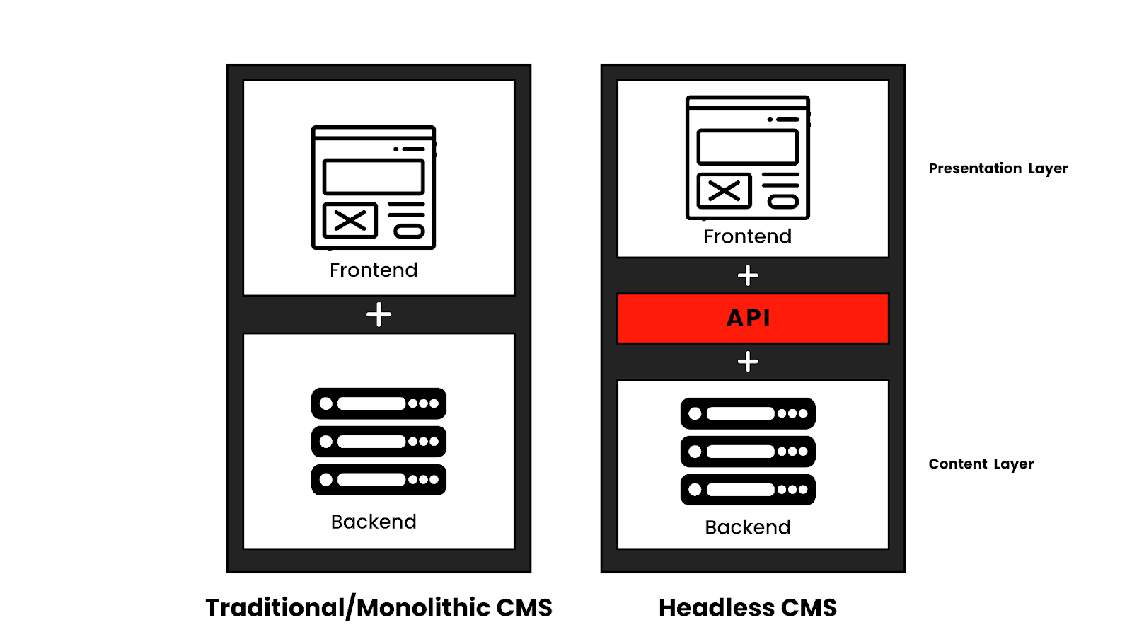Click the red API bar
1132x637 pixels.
click(x=753, y=318)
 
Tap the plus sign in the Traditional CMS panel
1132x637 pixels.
click(x=379, y=314)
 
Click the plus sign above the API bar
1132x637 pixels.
click(x=748, y=276)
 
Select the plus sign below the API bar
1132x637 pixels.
click(x=748, y=362)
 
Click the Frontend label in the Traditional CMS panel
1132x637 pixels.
click(x=374, y=270)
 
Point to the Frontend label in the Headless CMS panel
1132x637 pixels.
click(x=747, y=236)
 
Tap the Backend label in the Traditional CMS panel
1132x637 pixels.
click(x=374, y=522)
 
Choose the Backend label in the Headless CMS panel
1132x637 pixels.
click(x=747, y=527)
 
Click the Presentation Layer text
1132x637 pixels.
click(x=998, y=168)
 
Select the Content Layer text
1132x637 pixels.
click(x=981, y=464)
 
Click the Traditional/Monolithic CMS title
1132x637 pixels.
click(x=379, y=607)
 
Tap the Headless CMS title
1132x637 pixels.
click(x=747, y=607)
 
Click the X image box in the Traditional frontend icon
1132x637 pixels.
click(x=350, y=220)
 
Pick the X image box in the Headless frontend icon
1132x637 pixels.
click(x=724, y=190)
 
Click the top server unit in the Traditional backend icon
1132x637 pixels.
click(x=379, y=403)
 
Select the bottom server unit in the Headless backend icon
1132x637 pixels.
click(x=748, y=489)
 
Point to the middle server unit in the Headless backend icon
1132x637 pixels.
click(x=748, y=452)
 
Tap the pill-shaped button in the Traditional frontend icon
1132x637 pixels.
click(x=409, y=232)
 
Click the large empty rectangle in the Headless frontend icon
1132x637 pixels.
click(x=747, y=147)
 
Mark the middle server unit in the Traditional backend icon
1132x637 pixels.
click(x=379, y=442)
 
